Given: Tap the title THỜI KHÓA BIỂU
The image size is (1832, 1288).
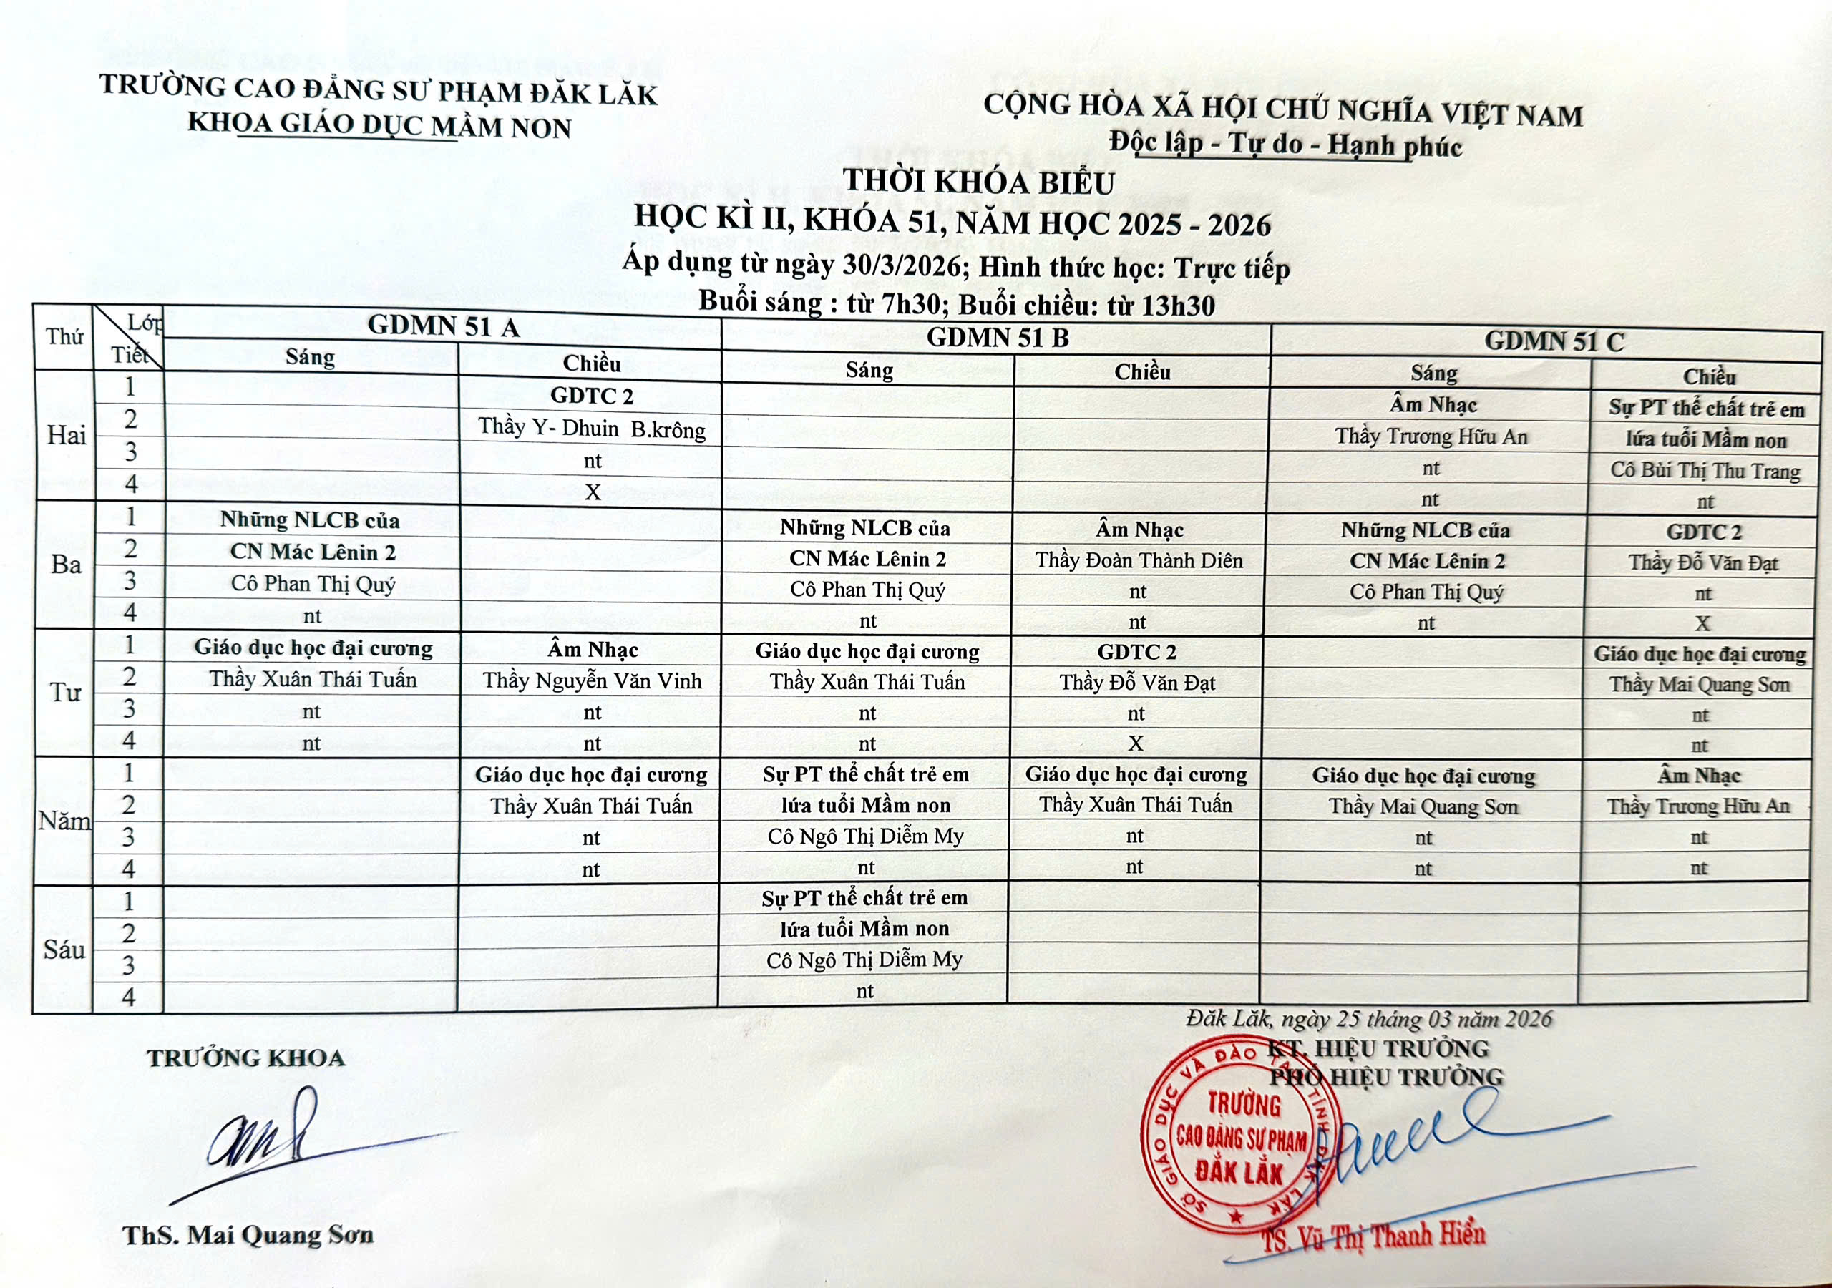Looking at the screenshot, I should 978,182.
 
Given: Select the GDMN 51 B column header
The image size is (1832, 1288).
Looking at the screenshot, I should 997,338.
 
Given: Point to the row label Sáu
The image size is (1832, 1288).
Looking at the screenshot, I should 64,950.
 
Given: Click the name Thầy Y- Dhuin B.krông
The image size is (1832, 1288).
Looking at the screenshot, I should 591,429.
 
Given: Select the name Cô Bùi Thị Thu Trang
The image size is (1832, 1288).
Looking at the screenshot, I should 1705,471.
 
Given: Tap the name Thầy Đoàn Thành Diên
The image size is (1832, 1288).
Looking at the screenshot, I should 1139,560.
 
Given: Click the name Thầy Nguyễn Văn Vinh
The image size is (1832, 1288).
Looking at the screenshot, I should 591,680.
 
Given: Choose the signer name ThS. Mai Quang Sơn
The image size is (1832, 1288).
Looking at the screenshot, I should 248,1235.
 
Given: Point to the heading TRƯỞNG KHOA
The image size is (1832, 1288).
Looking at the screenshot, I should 245,1058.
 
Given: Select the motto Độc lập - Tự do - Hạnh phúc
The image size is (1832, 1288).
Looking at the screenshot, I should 1285,145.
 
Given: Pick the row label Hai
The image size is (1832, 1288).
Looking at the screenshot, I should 67,435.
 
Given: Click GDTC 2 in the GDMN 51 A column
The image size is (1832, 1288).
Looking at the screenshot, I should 591,396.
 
